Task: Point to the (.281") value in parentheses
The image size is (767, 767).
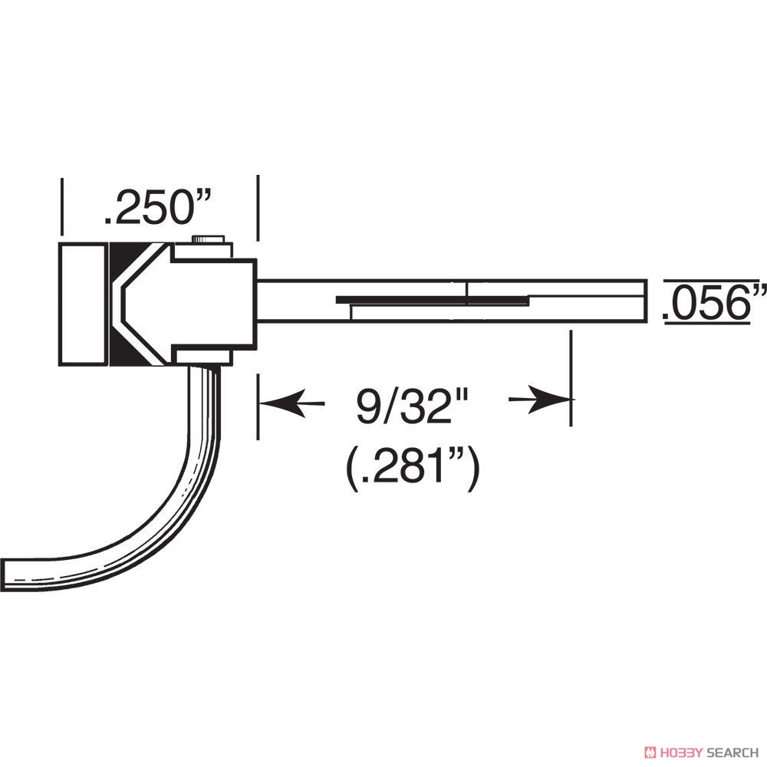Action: pyautogui.click(x=412, y=469)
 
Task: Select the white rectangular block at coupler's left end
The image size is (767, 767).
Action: pyautogui.click(x=83, y=304)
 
